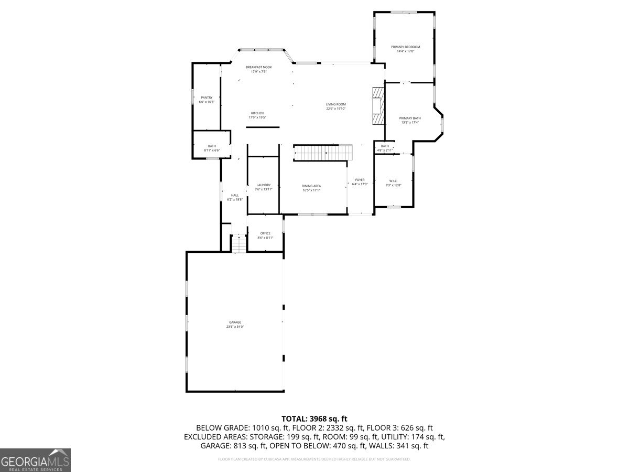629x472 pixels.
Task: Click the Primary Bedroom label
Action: click(x=405, y=47)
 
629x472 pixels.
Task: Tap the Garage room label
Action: click(x=235, y=322)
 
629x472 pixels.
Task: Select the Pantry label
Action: click(x=207, y=98)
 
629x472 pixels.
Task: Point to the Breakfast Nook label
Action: click(x=259, y=67)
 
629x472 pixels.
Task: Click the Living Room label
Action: click(x=336, y=104)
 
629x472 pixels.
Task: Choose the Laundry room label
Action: click(x=264, y=185)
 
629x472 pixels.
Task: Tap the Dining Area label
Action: click(x=311, y=186)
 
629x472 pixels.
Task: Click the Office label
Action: click(x=265, y=233)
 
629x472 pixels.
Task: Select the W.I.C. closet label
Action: click(x=393, y=180)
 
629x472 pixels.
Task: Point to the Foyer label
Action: click(x=360, y=180)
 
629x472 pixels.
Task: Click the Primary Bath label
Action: click(x=410, y=118)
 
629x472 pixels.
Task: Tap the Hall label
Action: click(x=235, y=195)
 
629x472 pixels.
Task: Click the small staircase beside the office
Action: click(x=239, y=243)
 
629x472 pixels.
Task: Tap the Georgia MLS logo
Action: click(x=35, y=460)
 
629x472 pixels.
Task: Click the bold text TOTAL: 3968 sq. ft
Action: click(x=314, y=419)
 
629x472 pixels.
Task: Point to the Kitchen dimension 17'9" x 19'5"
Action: click(x=257, y=117)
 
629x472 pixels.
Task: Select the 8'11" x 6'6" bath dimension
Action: click(x=212, y=151)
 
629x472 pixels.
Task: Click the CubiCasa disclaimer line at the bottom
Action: click(x=314, y=459)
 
